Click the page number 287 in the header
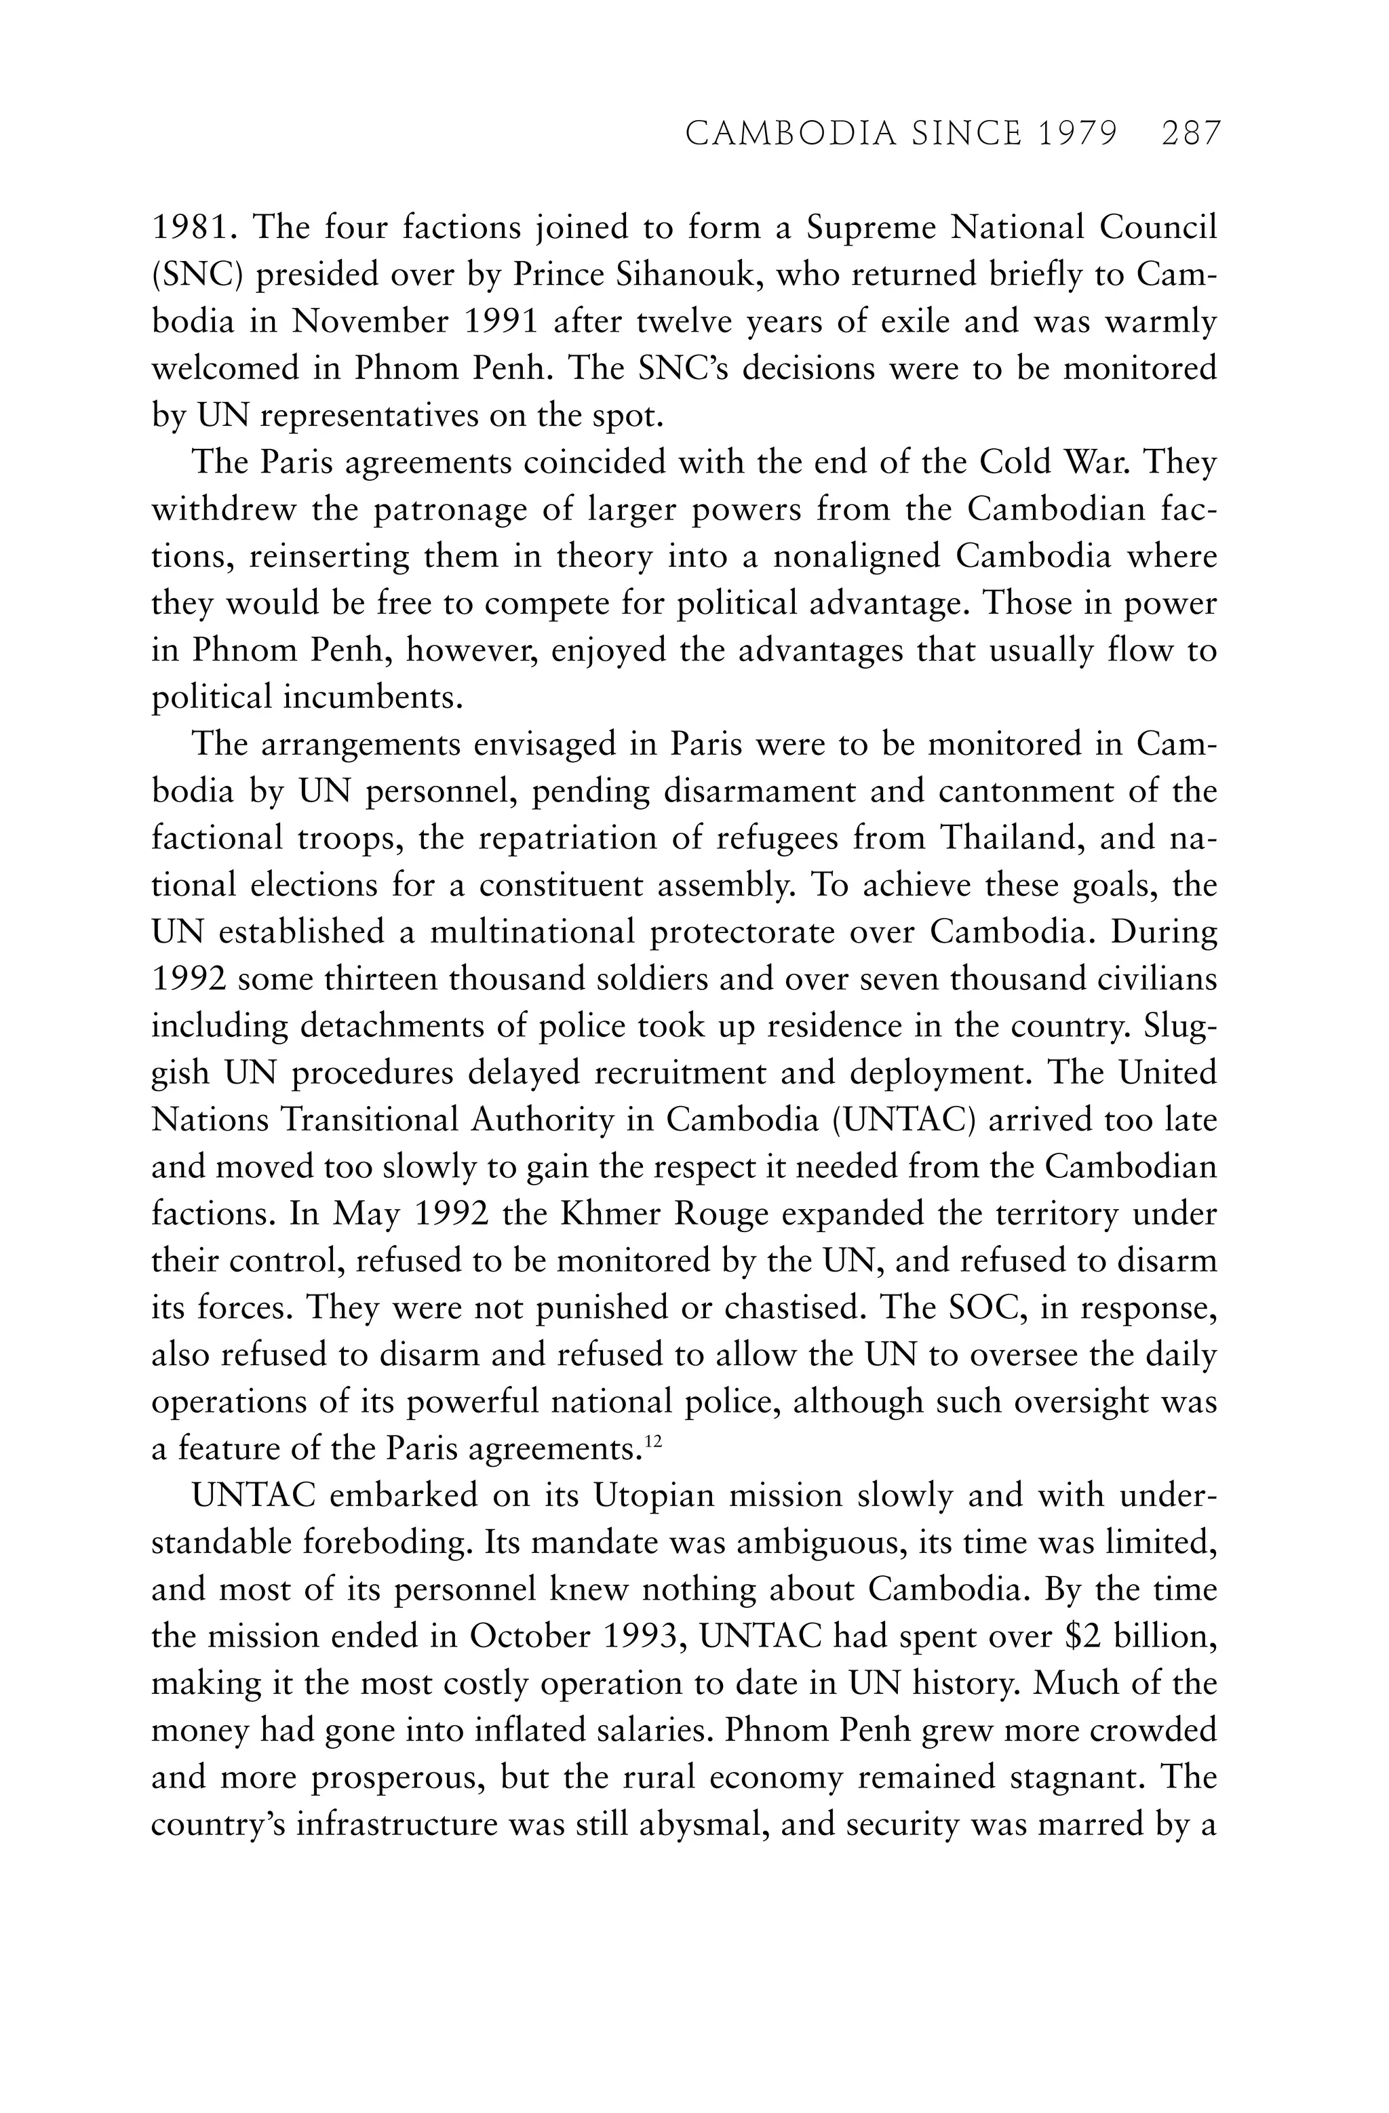click(1191, 134)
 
